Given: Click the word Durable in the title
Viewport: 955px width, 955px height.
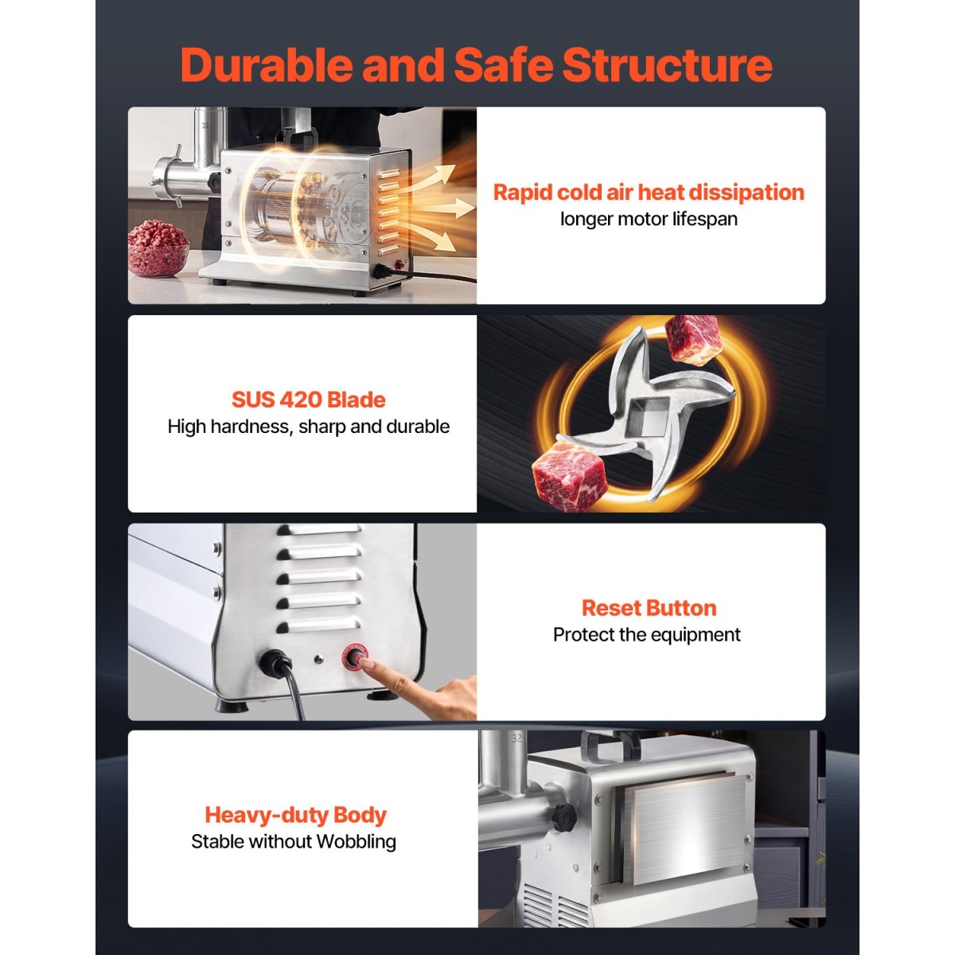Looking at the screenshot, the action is point(267,65).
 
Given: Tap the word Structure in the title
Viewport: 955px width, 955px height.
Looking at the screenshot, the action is point(667,65).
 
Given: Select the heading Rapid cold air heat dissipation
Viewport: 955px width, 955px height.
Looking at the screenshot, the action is point(649,193).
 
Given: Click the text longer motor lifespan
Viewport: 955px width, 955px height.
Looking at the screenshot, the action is point(649,219).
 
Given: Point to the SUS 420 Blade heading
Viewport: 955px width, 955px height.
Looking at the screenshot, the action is point(308,400).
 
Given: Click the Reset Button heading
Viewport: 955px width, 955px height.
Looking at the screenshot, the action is point(649,607).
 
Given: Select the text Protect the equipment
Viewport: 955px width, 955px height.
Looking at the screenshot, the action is point(647,634).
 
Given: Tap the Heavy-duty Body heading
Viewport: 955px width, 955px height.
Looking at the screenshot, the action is point(295,815).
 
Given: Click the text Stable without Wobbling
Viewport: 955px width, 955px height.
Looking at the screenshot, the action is point(294,841).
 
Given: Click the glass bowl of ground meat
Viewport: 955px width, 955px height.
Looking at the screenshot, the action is point(158,249).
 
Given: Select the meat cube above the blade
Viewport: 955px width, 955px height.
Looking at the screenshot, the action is point(692,340).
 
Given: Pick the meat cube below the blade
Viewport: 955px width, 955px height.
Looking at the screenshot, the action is point(571,472).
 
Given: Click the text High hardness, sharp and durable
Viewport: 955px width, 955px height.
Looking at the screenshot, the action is point(308,427).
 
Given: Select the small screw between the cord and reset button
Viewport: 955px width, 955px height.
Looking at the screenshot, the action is point(318,659).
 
